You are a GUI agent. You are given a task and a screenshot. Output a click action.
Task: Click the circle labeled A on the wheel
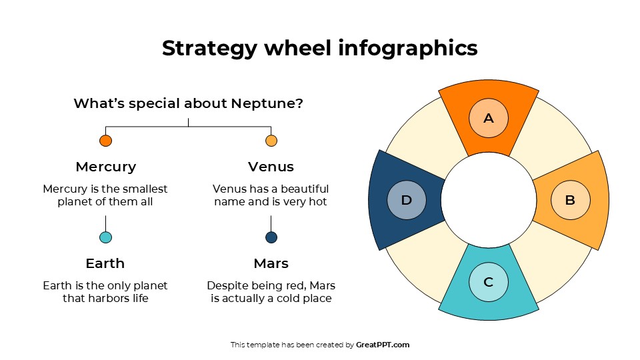coord(489,119)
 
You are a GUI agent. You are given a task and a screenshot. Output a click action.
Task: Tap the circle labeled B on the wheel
coord(571,200)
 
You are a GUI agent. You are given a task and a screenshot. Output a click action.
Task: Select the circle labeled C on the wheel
coord(489,281)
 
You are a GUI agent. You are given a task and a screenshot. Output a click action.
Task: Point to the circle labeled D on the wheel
coord(407,200)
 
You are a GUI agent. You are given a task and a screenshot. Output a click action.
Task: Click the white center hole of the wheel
coord(489,200)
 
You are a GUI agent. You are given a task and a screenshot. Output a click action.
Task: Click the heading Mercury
coord(105,167)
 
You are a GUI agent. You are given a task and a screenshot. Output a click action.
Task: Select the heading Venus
coord(271,167)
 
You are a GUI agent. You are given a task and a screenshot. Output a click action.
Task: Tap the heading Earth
coord(105,263)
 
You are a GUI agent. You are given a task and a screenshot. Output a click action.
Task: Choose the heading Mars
coord(271,263)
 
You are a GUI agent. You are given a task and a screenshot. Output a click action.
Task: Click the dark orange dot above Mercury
coord(105,141)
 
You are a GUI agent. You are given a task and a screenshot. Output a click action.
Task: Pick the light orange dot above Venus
coord(271,141)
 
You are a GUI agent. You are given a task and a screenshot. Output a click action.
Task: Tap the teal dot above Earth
coord(105,237)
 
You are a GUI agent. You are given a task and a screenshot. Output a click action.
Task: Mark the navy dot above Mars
coord(271,237)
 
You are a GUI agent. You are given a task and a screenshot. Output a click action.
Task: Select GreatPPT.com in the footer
coord(383,345)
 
